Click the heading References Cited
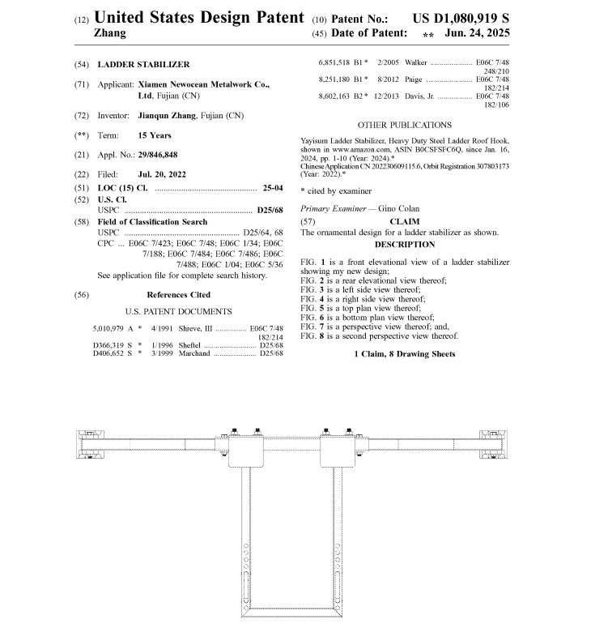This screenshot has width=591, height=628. (178, 295)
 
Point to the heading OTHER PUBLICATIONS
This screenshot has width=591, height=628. (404, 125)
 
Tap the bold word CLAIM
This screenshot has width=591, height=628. (404, 221)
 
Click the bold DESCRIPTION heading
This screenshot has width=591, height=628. (404, 244)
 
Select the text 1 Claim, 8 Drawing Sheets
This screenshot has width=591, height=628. (404, 354)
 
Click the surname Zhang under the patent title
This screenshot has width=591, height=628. (110, 33)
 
